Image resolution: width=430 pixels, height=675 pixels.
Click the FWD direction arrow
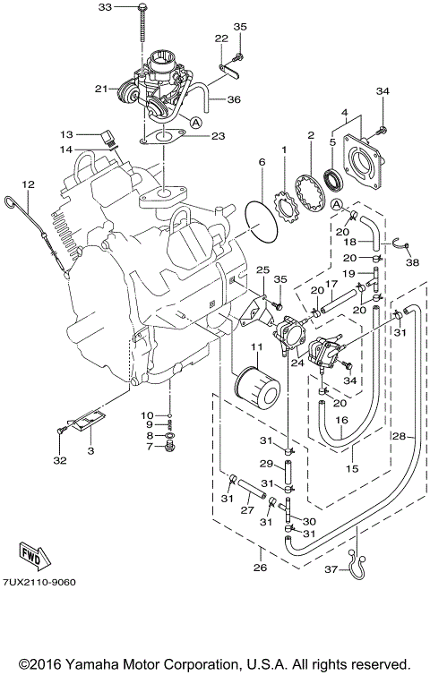32,552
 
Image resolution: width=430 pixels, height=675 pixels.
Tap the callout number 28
400,436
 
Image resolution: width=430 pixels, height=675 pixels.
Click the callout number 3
90,452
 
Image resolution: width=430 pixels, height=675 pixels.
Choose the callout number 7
150,446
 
